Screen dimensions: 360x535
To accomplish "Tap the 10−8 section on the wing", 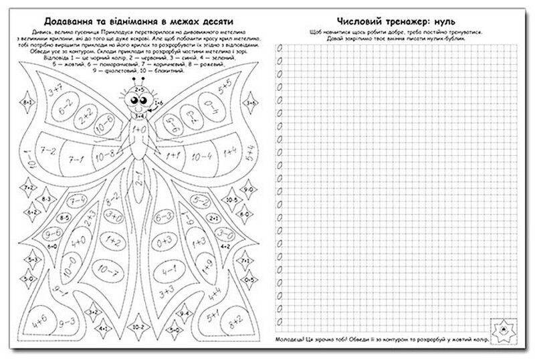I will (105, 156).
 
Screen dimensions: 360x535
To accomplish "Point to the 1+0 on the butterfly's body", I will (139, 126).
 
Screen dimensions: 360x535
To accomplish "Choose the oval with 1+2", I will (112, 239).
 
